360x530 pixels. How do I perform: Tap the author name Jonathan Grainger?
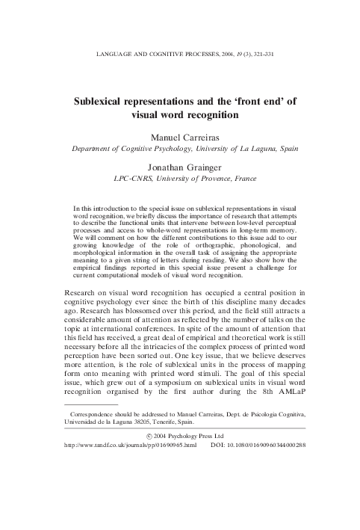[x=179, y=169]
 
